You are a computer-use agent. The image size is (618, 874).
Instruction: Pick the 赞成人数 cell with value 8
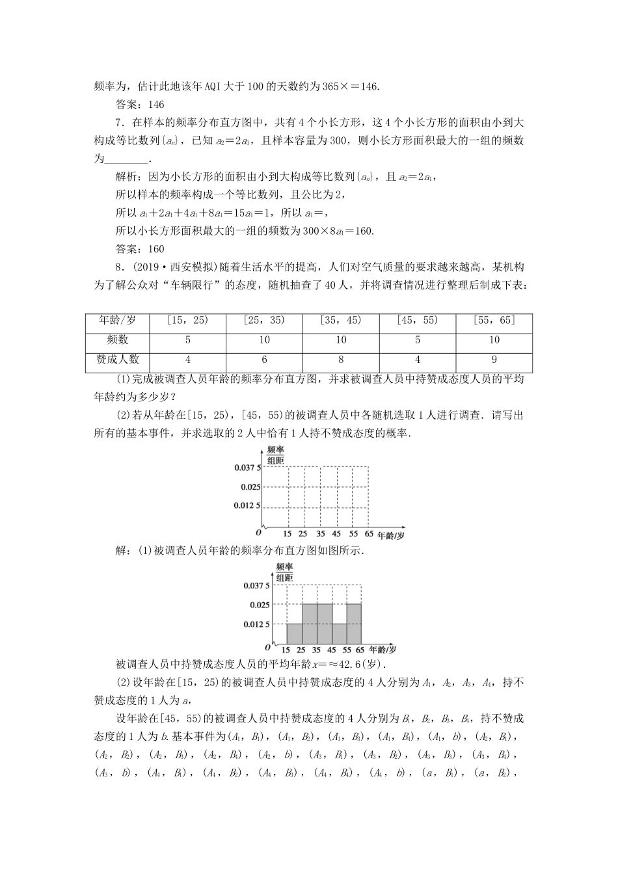341,360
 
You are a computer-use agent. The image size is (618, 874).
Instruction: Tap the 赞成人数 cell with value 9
494,360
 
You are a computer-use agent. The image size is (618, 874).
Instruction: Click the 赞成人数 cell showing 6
264,360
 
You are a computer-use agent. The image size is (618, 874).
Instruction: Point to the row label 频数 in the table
118,339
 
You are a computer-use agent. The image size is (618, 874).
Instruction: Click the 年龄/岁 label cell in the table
118,320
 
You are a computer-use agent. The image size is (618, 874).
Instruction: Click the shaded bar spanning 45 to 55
340,633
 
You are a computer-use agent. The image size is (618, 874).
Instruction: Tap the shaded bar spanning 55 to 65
355,624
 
